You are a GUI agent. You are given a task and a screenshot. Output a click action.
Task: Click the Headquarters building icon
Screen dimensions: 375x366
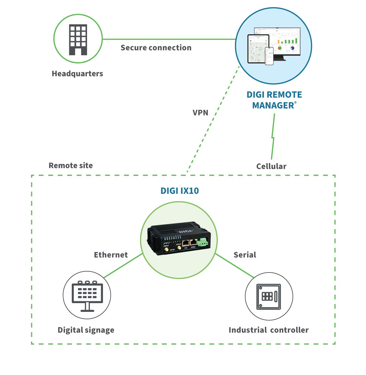pos(78,40)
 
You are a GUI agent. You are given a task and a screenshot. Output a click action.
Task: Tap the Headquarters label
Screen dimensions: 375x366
pos(77,74)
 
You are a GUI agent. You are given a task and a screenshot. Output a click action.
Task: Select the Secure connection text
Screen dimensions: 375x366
pos(156,48)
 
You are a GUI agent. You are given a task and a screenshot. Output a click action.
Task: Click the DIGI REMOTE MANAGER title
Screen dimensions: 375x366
pos(274,100)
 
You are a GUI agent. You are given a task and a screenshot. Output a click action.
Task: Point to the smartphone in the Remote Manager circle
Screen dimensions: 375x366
pos(269,56)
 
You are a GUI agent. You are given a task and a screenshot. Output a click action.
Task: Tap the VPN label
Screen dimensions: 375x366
pos(200,113)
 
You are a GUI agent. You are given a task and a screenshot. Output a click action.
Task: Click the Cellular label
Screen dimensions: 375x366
pos(271,166)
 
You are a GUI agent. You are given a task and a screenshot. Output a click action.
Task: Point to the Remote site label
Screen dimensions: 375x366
pos(71,166)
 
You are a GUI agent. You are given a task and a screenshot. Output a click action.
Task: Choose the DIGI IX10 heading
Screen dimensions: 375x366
pos(179,191)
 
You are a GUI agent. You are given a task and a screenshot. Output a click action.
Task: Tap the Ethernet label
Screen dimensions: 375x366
pos(111,255)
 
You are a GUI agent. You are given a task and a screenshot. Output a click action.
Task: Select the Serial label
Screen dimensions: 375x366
pos(245,255)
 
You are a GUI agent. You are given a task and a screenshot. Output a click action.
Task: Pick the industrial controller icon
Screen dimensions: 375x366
pos(269,297)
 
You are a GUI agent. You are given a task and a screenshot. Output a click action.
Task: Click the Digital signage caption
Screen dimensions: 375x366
pos(86,330)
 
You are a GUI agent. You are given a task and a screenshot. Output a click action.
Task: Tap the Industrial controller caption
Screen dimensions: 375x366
pos(269,330)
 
